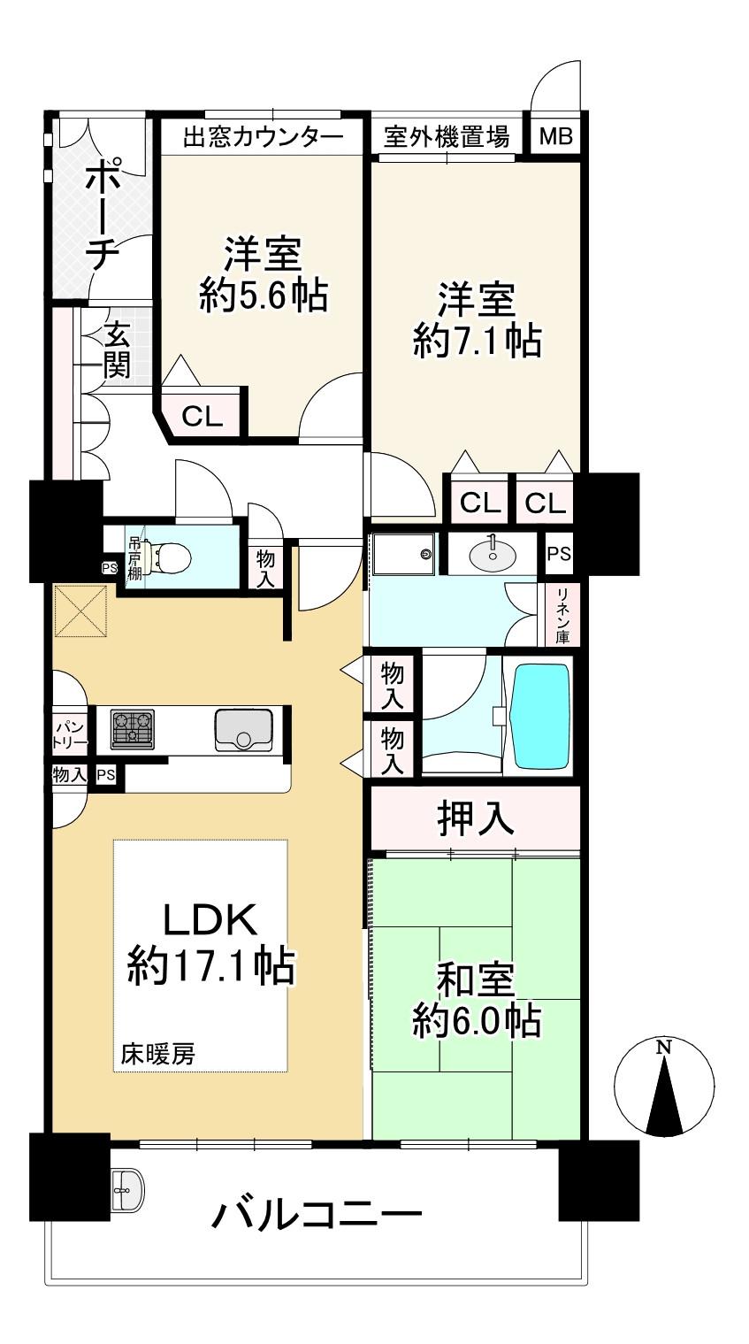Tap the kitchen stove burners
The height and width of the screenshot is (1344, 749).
[x=133, y=729]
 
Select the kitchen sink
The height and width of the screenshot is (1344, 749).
[x=243, y=730]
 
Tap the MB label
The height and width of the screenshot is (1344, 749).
[x=556, y=137]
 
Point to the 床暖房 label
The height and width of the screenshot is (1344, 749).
[x=157, y=1054]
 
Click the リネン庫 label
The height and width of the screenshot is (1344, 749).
[x=562, y=616]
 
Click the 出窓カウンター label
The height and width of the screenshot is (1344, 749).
[x=263, y=137]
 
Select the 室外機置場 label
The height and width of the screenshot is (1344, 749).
[x=447, y=137]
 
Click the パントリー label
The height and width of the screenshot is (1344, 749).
[x=70, y=735]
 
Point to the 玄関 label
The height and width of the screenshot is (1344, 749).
[x=117, y=349]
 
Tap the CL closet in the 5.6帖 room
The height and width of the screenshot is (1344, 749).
[x=203, y=416]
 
